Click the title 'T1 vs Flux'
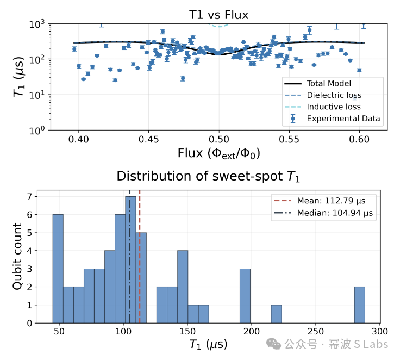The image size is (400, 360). pos(218,15)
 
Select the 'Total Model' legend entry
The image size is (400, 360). pos(317,84)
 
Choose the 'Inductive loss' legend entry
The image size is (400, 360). pos(323,107)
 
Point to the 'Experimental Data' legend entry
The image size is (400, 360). pos(332,119)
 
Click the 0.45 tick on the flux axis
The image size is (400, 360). pos(149,139)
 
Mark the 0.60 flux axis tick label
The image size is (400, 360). pos(359,139)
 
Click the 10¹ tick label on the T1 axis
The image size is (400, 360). pos(37,95)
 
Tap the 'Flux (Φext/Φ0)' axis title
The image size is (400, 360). pos(218,153)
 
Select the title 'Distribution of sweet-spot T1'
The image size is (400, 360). pos(208,176)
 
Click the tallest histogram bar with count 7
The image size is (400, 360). pos(130,259)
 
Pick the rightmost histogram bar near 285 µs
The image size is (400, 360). pos(360,305)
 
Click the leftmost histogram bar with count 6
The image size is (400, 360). pos(58,269)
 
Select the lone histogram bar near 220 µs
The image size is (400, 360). pos(276,314)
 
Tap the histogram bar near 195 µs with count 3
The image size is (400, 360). pos(245,296)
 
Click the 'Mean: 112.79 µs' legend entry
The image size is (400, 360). pos(320,201)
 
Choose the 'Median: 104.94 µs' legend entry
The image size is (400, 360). pos(323,213)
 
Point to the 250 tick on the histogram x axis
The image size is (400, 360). pos(316,331)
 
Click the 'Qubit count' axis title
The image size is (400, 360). pos(17,256)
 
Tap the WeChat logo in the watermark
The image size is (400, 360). pos(273,344)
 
